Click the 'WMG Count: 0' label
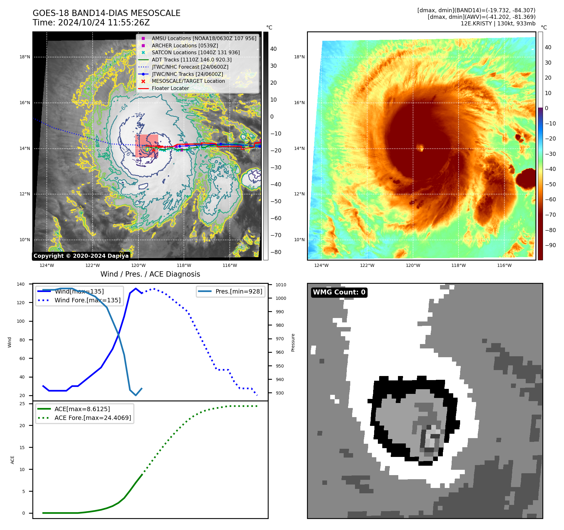tap(339, 292)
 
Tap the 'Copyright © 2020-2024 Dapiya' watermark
tap(81, 256)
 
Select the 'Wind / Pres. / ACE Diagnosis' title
tap(150, 274)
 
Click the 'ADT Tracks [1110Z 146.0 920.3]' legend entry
tap(191, 60)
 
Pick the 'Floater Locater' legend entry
tap(170, 88)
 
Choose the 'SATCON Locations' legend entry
tap(196, 52)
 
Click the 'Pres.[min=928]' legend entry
tap(239, 291)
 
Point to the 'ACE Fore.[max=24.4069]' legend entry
tap(93, 418)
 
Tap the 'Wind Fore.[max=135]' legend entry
tap(87, 300)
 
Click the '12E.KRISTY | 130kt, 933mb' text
tap(498, 24)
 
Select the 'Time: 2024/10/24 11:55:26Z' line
tap(91, 23)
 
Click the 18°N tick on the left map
tap(25, 57)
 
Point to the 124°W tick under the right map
tap(321, 265)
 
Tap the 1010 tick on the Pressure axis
tap(281, 285)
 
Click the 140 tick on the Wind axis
tap(21, 284)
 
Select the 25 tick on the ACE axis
tap(22, 404)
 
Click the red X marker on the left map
tap(153, 150)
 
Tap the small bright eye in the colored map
tap(420, 147)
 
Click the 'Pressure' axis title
tap(293, 342)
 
